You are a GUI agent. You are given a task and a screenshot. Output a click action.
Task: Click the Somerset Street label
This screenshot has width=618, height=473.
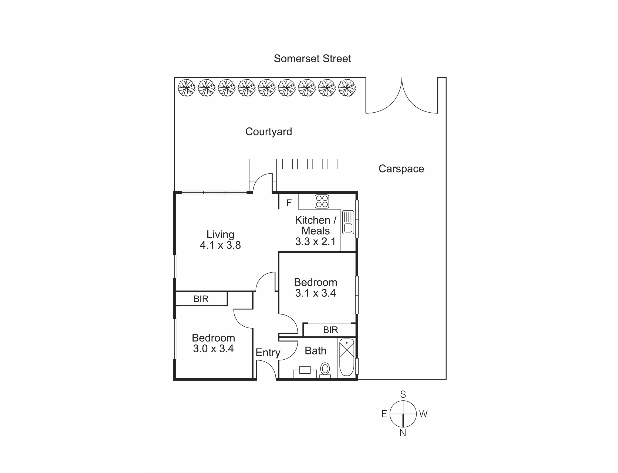click(x=312, y=59)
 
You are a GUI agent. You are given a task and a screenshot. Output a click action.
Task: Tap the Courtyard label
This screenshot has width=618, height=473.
click(x=268, y=131)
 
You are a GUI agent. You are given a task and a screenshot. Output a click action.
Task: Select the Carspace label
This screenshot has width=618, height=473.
click(x=401, y=169)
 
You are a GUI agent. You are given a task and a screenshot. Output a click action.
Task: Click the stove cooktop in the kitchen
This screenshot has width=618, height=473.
click(x=322, y=201)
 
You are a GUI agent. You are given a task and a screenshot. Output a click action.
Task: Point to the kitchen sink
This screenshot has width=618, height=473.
click(x=348, y=222)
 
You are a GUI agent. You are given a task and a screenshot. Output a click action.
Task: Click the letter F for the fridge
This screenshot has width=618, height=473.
click(x=289, y=203)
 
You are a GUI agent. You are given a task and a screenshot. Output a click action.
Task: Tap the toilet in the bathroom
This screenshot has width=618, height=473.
click(x=325, y=369)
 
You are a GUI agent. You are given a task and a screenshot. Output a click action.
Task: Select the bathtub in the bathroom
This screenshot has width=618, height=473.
click(x=347, y=357)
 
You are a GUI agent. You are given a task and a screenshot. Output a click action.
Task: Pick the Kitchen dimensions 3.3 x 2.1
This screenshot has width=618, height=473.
click(x=315, y=242)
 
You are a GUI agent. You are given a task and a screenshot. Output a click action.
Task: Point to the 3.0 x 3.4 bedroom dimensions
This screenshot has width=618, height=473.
click(x=213, y=349)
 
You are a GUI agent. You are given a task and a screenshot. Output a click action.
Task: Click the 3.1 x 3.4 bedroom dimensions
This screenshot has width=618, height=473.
click(x=315, y=293)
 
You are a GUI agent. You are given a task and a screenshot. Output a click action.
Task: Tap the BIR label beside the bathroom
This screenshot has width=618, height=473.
click(x=330, y=330)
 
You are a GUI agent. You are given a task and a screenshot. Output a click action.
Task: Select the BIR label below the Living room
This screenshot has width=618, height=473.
click(x=201, y=299)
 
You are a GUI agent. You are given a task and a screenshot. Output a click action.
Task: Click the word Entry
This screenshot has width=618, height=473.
click(x=268, y=353)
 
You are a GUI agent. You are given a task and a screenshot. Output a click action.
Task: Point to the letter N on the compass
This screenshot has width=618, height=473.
click(x=403, y=433)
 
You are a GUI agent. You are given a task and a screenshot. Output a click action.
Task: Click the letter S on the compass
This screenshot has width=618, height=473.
click(x=403, y=394)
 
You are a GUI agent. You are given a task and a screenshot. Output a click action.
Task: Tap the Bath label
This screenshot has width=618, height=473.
click(x=315, y=351)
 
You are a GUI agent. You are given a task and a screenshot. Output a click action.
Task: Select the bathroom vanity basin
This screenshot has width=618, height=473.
click(x=305, y=370)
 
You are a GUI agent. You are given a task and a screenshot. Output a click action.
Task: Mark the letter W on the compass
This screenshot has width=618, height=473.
click(x=423, y=414)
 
